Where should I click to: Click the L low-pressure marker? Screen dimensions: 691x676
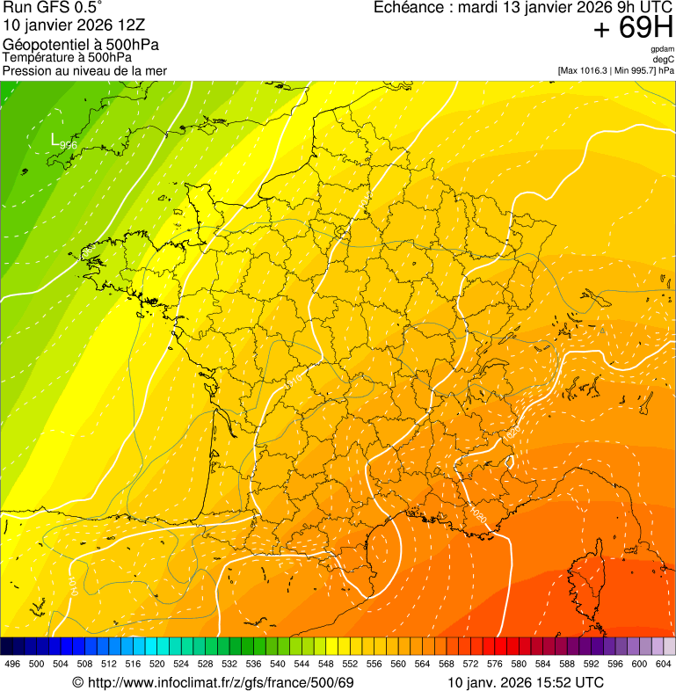click(55, 139)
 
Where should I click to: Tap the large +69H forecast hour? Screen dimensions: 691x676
click(633, 29)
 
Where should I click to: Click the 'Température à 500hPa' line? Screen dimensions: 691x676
click(73, 58)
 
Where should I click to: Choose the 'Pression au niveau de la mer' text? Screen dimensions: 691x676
click(84, 70)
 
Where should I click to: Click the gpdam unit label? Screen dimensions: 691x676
click(663, 49)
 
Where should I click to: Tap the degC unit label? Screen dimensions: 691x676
click(664, 59)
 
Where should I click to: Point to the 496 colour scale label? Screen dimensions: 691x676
click(12, 664)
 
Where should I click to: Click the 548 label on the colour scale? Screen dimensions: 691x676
click(326, 664)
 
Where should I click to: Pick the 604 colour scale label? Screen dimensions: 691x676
click(664, 664)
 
